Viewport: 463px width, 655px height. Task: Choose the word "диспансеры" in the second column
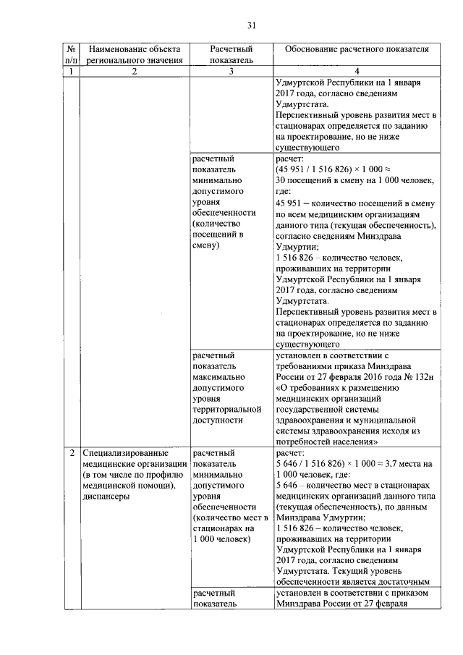[x=106, y=497]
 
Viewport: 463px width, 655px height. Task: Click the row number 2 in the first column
[x=70, y=454]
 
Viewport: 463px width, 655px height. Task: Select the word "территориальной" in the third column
[x=229, y=409]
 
